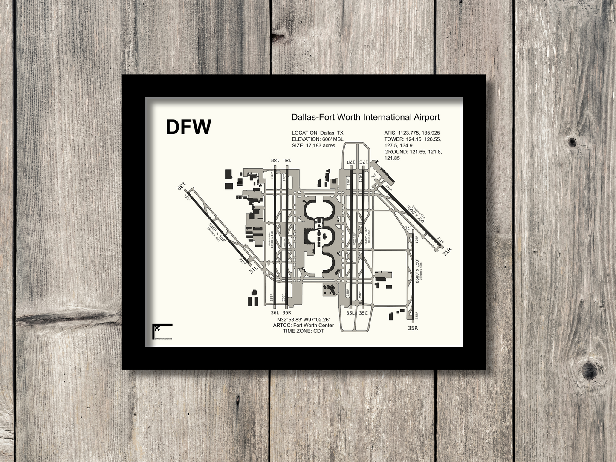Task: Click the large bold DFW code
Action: click(x=188, y=127)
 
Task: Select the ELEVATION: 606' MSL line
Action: click(x=317, y=139)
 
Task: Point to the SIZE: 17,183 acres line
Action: click(x=313, y=145)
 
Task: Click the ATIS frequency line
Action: click(x=412, y=133)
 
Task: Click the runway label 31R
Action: click(x=446, y=252)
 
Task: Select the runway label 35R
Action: click(x=413, y=328)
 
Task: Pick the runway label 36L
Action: click(x=275, y=312)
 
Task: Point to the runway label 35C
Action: click(x=363, y=312)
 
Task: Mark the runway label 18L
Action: click(x=287, y=160)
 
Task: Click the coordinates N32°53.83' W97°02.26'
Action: click(x=303, y=320)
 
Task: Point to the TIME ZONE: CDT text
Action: click(x=303, y=331)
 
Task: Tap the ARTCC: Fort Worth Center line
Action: click(x=303, y=325)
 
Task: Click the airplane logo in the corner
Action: click(x=157, y=329)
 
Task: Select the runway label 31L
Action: click(x=253, y=269)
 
